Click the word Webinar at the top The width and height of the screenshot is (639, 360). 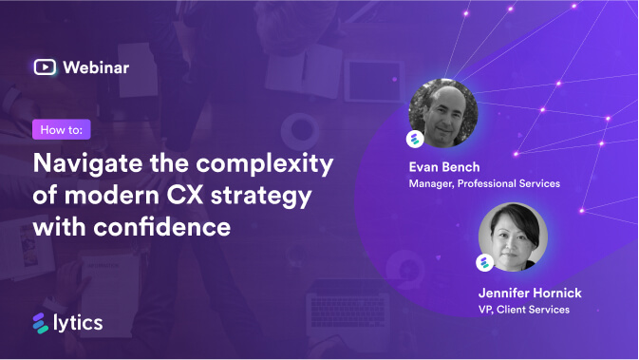click(x=96, y=66)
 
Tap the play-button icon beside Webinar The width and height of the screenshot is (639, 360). click(x=45, y=66)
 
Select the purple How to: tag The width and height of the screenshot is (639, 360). click(x=61, y=129)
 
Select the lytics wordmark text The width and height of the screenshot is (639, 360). click(x=78, y=323)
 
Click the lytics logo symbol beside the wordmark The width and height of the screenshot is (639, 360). click(x=41, y=323)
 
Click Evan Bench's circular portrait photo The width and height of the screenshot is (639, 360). click(x=443, y=112)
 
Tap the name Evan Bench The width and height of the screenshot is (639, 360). click(x=443, y=167)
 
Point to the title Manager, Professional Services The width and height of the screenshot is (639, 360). click(x=484, y=183)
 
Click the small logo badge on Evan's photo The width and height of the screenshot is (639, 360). click(x=415, y=140)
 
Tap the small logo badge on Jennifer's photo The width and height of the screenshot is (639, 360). click(x=484, y=263)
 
